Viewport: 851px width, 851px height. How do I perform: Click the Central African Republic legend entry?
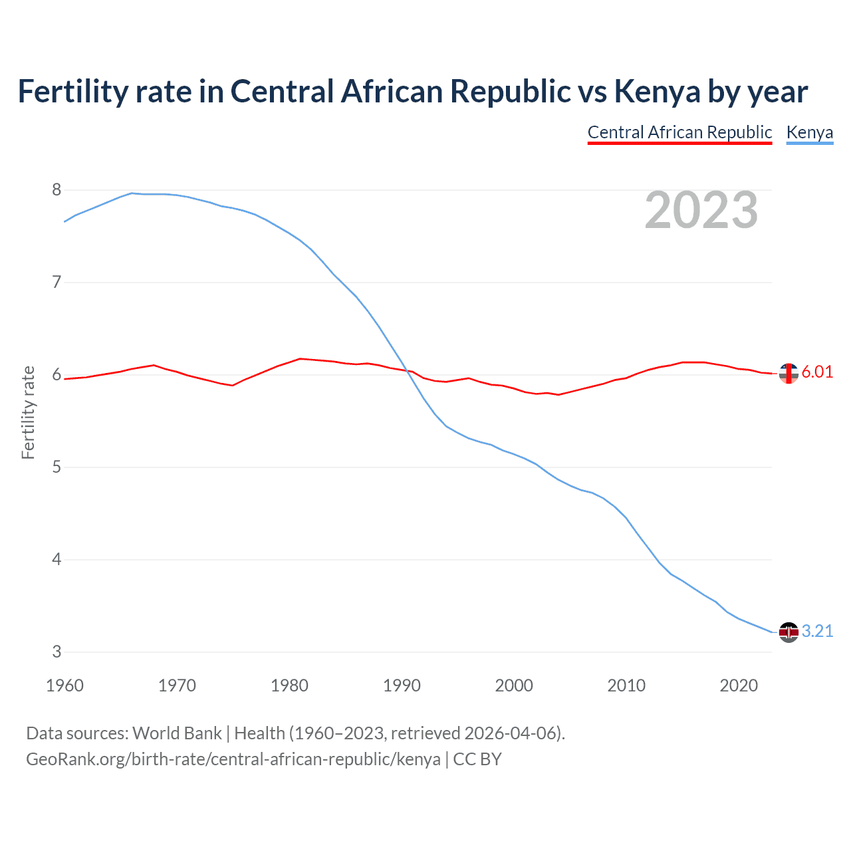tap(679, 132)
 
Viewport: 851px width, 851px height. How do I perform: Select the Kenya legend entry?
tap(809, 132)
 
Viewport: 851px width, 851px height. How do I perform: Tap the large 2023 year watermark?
tap(701, 210)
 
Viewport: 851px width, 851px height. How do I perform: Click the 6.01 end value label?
tap(817, 372)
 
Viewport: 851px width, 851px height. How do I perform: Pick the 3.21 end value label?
tap(817, 631)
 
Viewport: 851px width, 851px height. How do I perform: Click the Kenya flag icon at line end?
tap(789, 632)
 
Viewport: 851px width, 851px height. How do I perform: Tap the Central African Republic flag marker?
tap(789, 374)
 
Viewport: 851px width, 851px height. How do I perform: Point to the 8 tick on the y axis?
tap(57, 190)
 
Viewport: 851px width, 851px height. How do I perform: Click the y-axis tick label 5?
tap(57, 467)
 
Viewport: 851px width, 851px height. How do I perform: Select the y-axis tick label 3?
tap(57, 652)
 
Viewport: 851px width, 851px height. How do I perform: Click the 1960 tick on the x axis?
tap(64, 685)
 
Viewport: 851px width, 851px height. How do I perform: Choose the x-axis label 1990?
tap(402, 685)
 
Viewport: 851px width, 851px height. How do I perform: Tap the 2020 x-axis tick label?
tap(739, 685)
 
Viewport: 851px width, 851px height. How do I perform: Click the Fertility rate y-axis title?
tap(28, 412)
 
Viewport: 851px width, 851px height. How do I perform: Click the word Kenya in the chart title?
tap(657, 92)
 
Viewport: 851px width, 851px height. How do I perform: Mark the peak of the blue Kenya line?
tap(132, 193)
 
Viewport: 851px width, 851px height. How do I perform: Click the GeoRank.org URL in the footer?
tap(233, 759)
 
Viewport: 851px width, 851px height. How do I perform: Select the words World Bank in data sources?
tap(177, 733)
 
